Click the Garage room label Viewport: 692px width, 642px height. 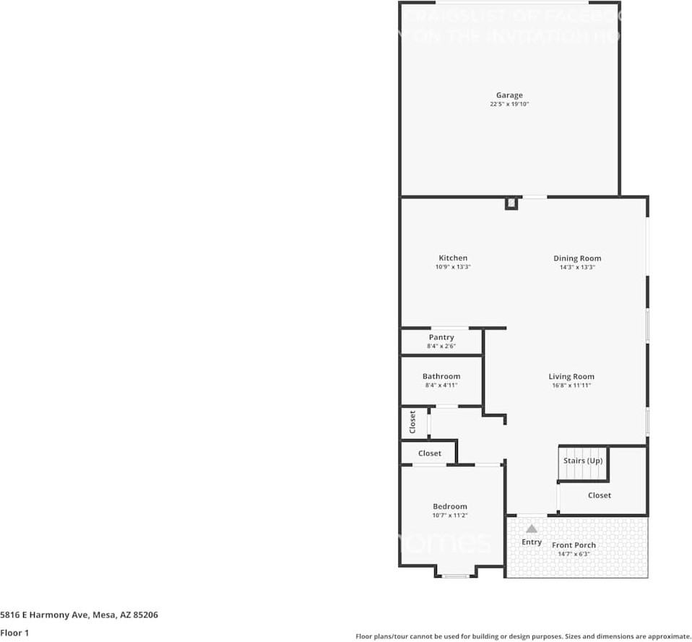(509, 95)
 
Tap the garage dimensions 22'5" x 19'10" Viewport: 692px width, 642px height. (509, 104)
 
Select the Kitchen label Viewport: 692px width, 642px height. (453, 258)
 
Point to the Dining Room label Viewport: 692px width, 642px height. (577, 258)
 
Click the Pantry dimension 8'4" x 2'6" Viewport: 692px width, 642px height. (441, 347)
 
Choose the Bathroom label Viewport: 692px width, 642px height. (441, 376)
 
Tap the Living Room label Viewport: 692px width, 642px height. (571, 376)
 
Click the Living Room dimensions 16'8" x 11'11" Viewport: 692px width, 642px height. (571, 386)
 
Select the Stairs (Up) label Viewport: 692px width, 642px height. (583, 461)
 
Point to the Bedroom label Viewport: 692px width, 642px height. (450, 506)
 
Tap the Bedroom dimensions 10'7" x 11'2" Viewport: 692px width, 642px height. (450, 516)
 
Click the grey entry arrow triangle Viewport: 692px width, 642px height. (532, 529)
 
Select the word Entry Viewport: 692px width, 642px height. (532, 542)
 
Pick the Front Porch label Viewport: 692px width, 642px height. (574, 545)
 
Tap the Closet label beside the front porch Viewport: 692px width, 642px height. (600, 495)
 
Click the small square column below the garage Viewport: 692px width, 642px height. (511, 203)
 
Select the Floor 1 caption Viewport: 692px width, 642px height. (14, 633)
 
